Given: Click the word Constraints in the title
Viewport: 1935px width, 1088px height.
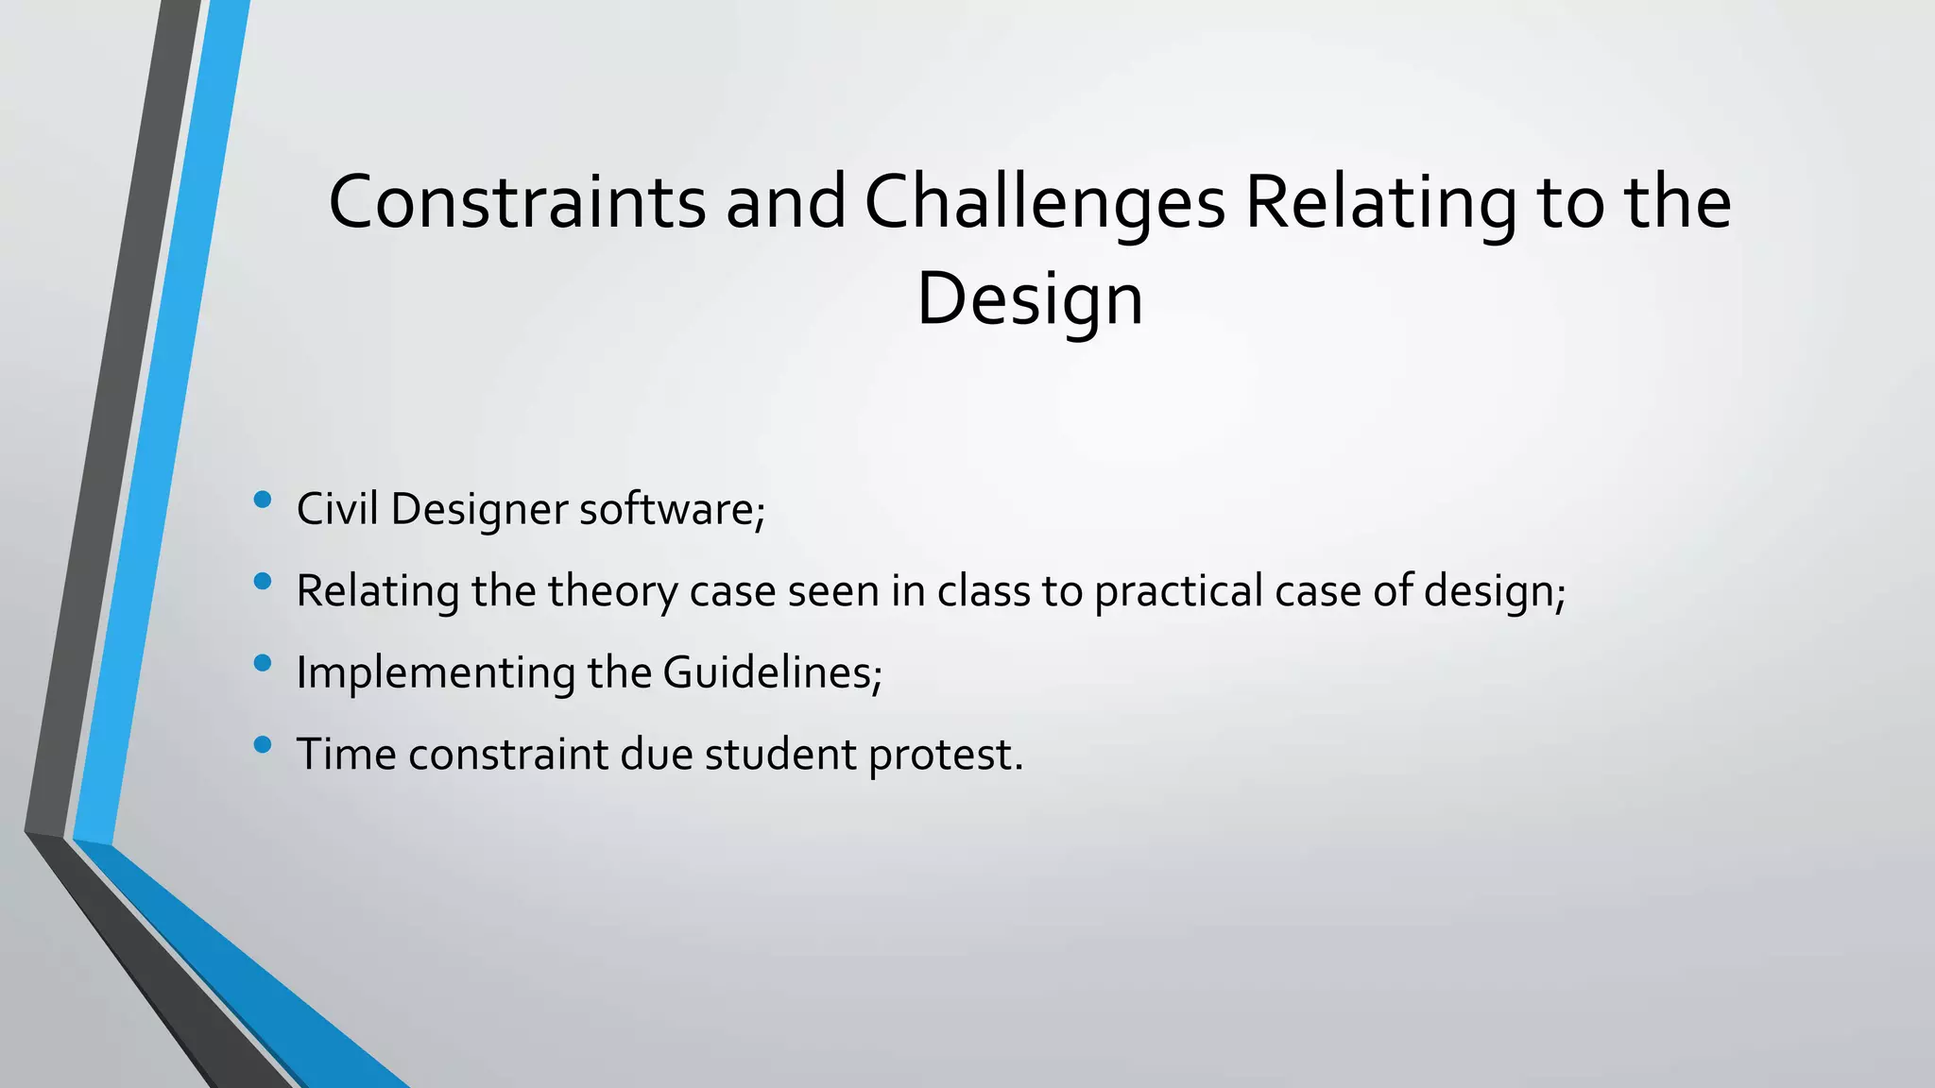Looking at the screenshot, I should click(x=517, y=202).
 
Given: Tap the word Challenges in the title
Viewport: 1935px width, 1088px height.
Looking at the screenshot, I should click(x=1044, y=202).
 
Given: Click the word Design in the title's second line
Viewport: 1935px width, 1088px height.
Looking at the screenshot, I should click(x=1030, y=298).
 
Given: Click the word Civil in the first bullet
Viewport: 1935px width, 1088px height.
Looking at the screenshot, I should click(x=336, y=509).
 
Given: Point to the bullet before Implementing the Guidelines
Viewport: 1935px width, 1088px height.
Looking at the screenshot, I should click(x=263, y=663).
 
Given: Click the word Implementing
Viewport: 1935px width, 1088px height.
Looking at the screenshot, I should click(x=436, y=673).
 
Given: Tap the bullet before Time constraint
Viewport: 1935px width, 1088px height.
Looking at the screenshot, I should click(x=263, y=745).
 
